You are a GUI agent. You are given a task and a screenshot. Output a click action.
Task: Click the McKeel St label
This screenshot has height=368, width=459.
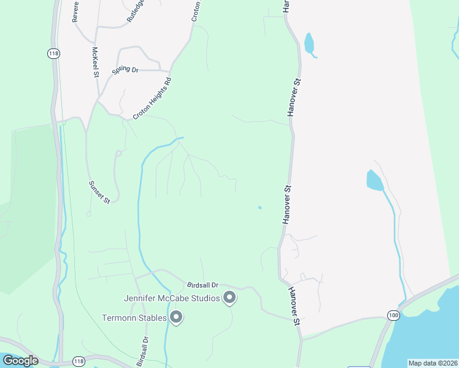(x=96, y=63)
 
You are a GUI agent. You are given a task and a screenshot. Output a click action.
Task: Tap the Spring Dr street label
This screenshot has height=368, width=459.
(x=125, y=70)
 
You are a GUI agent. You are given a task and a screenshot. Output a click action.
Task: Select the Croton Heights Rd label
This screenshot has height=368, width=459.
(x=151, y=98)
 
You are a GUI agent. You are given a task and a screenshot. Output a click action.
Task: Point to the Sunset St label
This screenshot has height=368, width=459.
(x=99, y=192)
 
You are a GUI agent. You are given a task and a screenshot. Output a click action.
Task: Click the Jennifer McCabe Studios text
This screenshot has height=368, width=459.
(x=172, y=299)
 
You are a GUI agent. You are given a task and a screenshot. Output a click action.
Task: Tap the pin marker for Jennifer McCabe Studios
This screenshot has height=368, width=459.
(x=229, y=298)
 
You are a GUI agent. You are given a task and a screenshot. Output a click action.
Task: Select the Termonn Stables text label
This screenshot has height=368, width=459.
(x=134, y=318)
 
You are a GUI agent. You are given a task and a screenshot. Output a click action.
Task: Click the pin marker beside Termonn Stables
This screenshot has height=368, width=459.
(x=176, y=317)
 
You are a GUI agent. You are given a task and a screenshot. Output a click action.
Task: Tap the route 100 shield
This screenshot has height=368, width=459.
(x=393, y=315)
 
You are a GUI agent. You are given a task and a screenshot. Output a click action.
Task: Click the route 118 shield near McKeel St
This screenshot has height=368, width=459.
(x=53, y=53)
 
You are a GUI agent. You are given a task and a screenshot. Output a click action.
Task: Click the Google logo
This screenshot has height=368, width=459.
(x=20, y=361)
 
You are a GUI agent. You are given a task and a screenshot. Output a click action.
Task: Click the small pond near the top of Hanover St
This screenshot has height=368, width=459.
(x=309, y=43)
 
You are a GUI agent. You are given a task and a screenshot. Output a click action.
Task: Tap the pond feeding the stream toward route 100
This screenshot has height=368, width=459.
(x=374, y=180)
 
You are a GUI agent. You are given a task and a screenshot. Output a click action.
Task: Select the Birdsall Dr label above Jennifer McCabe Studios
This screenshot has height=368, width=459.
(x=202, y=285)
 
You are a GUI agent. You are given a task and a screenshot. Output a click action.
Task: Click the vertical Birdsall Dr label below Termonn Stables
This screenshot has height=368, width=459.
(x=142, y=351)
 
